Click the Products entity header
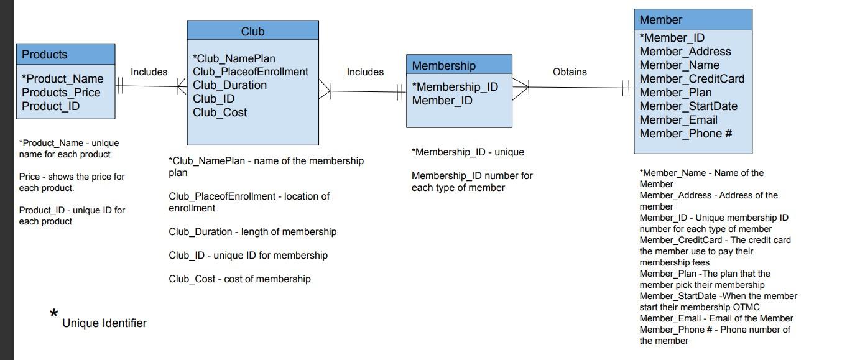[45, 55]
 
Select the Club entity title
[252, 31]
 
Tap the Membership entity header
[443, 65]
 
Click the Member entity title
[660, 20]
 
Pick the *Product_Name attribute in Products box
[62, 79]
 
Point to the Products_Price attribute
[61, 93]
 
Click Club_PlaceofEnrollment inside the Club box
[250, 72]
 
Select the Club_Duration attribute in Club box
[229, 85]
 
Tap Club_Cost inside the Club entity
[220, 113]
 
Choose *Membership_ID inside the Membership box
[455, 87]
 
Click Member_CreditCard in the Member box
[692, 79]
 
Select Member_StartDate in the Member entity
[688, 106]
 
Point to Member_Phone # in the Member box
[686, 134]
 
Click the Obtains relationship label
[570, 72]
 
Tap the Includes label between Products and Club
[149, 72]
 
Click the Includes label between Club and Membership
[365, 72]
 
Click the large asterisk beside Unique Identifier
[54, 314]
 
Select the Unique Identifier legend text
[104, 323]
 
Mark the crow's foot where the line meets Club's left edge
[182, 87]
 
